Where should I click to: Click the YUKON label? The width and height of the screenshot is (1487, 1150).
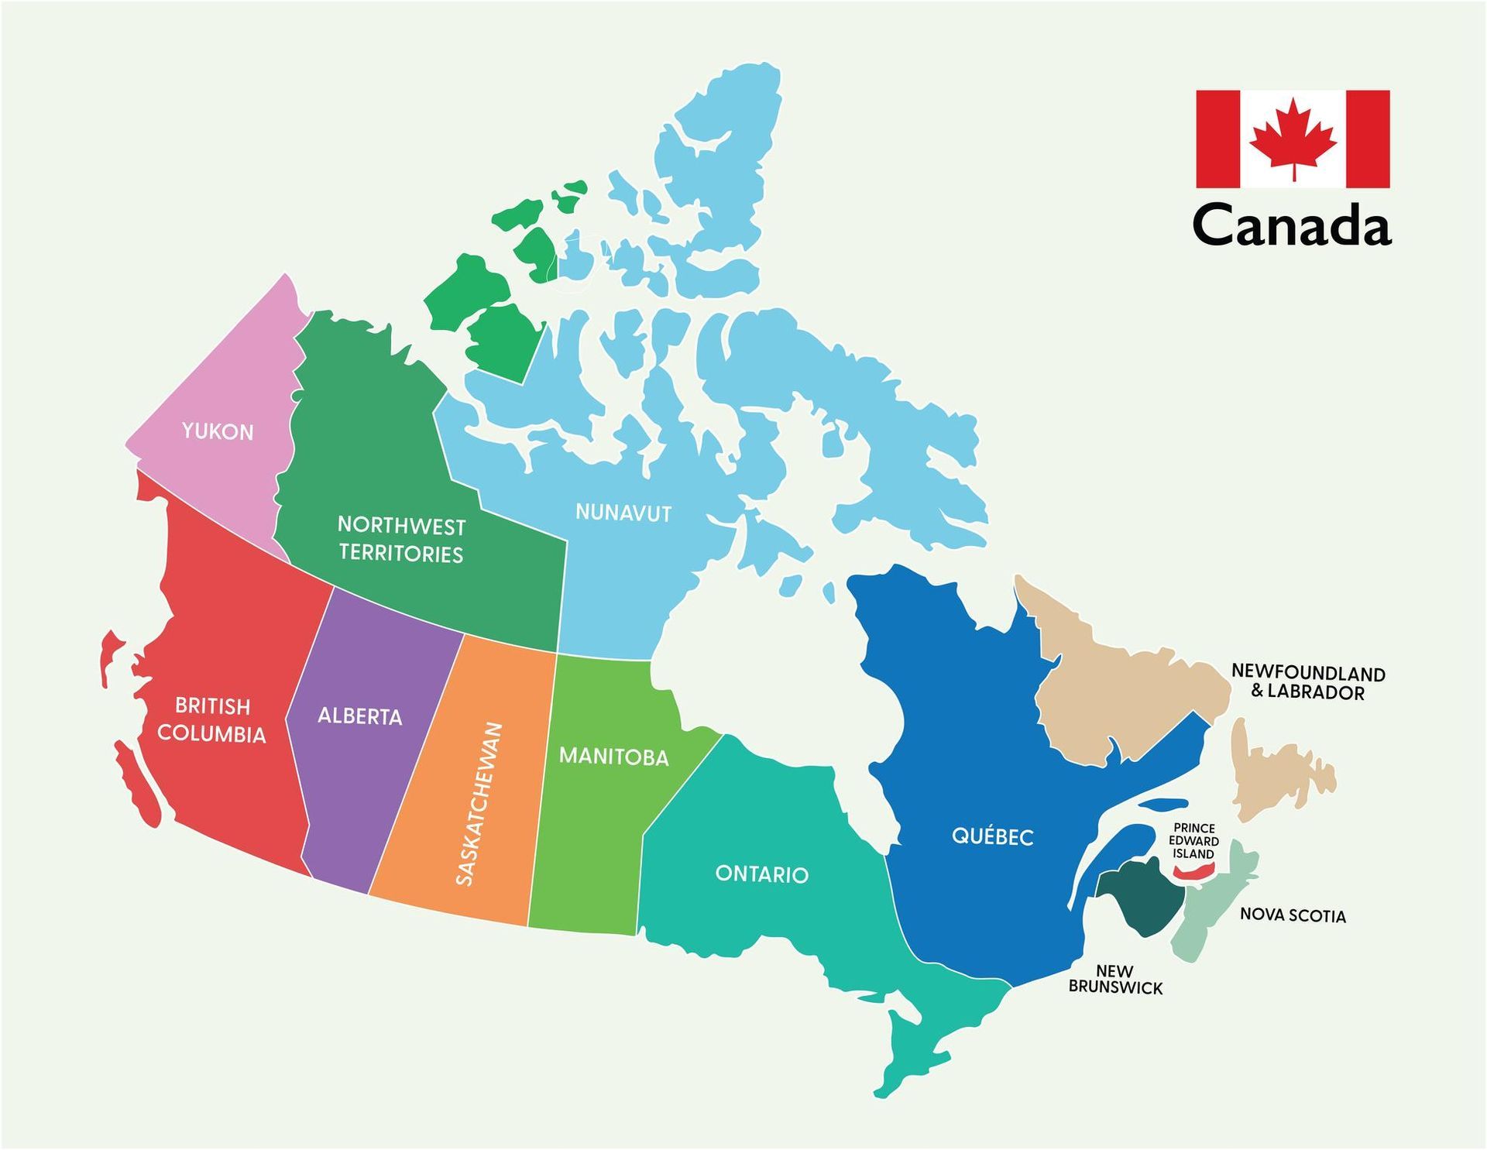pyautogui.click(x=218, y=431)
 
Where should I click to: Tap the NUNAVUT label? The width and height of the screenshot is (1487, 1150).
pyautogui.click(x=623, y=513)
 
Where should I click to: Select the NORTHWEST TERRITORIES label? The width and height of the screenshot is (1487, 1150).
pyautogui.click(x=401, y=540)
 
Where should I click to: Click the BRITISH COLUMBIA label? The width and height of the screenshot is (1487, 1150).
pyautogui.click(x=211, y=720)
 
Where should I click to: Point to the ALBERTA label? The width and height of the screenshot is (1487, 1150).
pyautogui.click(x=360, y=716)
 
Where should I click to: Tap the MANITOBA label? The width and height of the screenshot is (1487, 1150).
pyautogui.click(x=613, y=756)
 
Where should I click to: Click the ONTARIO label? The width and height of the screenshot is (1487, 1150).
pyautogui.click(x=761, y=874)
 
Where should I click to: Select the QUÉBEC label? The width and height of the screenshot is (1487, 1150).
pyautogui.click(x=992, y=836)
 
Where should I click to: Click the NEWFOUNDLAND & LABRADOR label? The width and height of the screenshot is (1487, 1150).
pyautogui.click(x=1308, y=682)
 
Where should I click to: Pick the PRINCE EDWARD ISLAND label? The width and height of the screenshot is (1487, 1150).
pyautogui.click(x=1193, y=841)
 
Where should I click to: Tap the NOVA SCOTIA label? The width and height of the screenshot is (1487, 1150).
pyautogui.click(x=1293, y=915)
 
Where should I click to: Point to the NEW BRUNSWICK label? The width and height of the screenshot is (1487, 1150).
pyautogui.click(x=1115, y=980)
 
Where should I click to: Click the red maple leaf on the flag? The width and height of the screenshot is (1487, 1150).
pyautogui.click(x=1293, y=139)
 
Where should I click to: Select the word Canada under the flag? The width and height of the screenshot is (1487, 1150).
pyautogui.click(x=1292, y=225)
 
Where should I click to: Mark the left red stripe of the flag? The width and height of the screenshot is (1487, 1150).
pyautogui.click(x=1217, y=139)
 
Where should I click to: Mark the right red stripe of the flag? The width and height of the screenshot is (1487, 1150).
pyautogui.click(x=1368, y=139)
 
